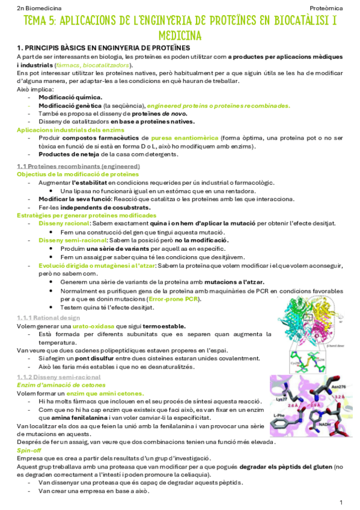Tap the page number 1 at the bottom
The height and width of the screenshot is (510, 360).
(341, 502)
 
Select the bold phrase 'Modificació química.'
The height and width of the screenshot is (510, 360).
(70, 97)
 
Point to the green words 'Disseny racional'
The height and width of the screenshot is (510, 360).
(64, 223)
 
